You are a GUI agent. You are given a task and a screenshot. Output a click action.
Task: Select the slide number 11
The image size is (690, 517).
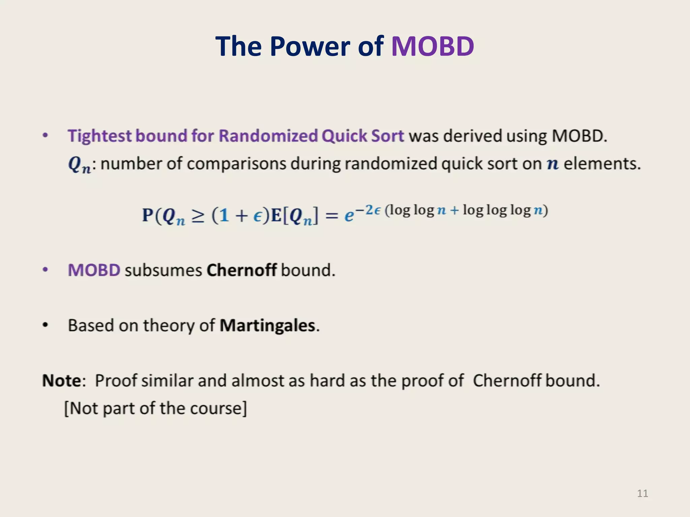click(642, 493)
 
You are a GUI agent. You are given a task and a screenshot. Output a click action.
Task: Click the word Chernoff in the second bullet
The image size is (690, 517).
click(242, 270)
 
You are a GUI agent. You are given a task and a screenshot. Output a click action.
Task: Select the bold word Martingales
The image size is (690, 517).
click(268, 325)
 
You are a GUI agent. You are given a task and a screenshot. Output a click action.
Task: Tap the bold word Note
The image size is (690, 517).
click(62, 381)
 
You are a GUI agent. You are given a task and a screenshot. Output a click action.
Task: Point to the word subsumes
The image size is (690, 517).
click(163, 270)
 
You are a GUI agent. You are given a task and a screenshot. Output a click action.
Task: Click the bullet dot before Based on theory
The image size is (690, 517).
click(45, 325)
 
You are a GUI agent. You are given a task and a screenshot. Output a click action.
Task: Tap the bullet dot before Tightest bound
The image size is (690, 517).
click(45, 136)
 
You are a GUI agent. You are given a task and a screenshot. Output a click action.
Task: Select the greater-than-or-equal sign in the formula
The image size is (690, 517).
click(198, 216)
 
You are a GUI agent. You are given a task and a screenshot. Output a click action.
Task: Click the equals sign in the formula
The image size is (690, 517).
click(332, 216)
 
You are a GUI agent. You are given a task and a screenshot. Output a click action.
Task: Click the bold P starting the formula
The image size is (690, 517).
click(147, 215)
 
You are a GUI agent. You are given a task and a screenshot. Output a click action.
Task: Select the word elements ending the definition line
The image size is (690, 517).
click(601, 164)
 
